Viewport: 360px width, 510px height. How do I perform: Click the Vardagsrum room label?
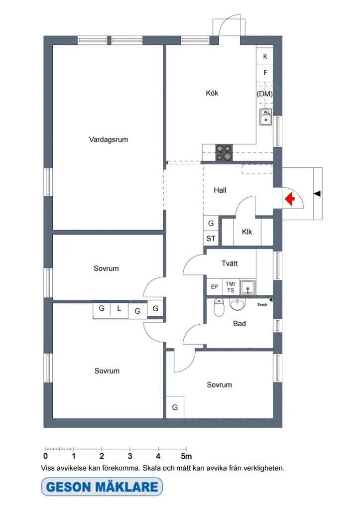pyautogui.click(x=108, y=139)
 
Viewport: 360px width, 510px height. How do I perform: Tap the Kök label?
pyautogui.click(x=212, y=93)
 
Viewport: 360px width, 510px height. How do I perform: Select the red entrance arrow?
pyautogui.click(x=289, y=199)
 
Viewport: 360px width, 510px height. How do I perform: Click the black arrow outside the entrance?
pyautogui.click(x=317, y=194)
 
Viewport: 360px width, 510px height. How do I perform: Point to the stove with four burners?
pyautogui.click(x=224, y=152)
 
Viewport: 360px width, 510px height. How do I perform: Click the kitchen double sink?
pyautogui.click(x=266, y=117)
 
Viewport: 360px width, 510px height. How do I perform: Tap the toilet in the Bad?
pyautogui.click(x=219, y=307)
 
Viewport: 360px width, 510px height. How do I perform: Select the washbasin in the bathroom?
pyautogui.click(x=238, y=304)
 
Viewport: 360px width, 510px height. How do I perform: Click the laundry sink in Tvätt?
pyautogui.click(x=248, y=287)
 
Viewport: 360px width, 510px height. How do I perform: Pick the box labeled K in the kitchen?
pyautogui.click(x=265, y=56)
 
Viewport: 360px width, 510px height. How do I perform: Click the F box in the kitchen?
pyautogui.click(x=265, y=73)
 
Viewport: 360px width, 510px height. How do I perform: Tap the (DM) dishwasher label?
pyautogui.click(x=265, y=94)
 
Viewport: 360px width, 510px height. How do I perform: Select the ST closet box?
pyautogui.click(x=211, y=239)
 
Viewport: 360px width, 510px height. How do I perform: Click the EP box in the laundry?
pyautogui.click(x=215, y=287)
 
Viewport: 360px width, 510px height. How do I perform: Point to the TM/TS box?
pyautogui.click(x=231, y=287)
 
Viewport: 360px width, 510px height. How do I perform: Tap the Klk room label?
pyautogui.click(x=247, y=232)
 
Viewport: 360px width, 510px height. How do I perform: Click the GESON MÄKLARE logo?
pyautogui.click(x=102, y=487)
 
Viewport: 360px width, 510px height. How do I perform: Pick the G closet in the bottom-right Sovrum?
pyautogui.click(x=175, y=407)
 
